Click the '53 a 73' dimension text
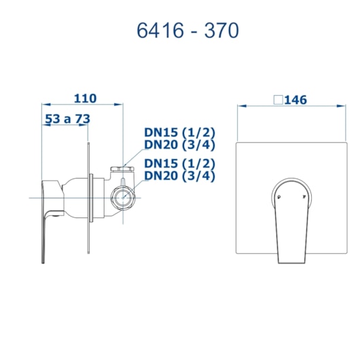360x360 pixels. click(67, 119)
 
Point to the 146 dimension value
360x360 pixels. click(295, 100)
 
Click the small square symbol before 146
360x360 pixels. click(278, 100)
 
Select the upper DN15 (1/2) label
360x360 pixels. click(179, 132)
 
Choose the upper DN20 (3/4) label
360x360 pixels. click(179, 145)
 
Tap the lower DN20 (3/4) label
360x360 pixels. click(179, 176)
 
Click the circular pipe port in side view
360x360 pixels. click(122, 198)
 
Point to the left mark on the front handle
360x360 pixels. click(278, 197)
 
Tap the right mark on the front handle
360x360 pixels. click(303, 197)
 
